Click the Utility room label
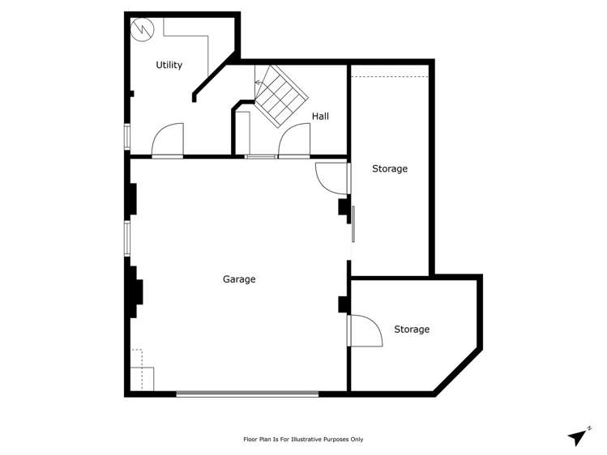pyautogui.click(x=169, y=65)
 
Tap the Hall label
pyautogui.click(x=320, y=117)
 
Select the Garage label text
pyautogui.click(x=239, y=279)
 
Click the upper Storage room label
pyautogui.click(x=389, y=168)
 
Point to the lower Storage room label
pyautogui.click(x=412, y=330)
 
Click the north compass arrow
pyautogui.click(x=577, y=437)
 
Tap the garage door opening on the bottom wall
pyautogui.click(x=247, y=394)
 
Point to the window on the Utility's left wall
pyautogui.click(x=126, y=136)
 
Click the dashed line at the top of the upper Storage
pyautogui.click(x=389, y=77)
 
